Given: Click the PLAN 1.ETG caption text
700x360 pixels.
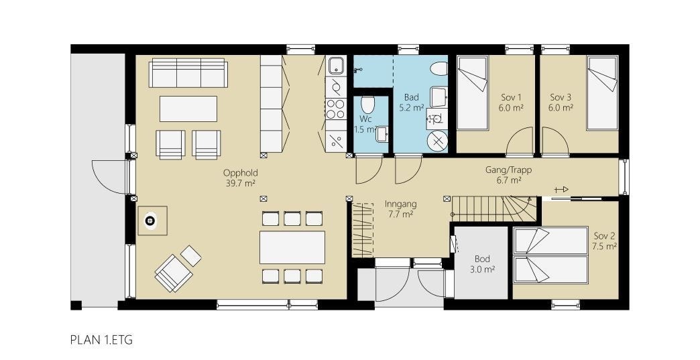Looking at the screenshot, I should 101,341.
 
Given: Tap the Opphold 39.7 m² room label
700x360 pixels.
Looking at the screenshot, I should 240,178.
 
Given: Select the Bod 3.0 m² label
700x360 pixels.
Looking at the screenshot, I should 483,263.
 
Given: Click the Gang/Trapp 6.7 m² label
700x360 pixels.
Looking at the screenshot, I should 508,175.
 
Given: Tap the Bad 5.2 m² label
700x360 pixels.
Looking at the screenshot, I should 411,102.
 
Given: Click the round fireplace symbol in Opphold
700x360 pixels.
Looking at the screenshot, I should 151,221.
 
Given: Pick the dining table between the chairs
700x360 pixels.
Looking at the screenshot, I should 292,247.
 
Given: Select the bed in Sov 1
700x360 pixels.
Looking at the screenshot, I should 473,93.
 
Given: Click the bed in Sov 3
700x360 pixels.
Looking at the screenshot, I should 601,93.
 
